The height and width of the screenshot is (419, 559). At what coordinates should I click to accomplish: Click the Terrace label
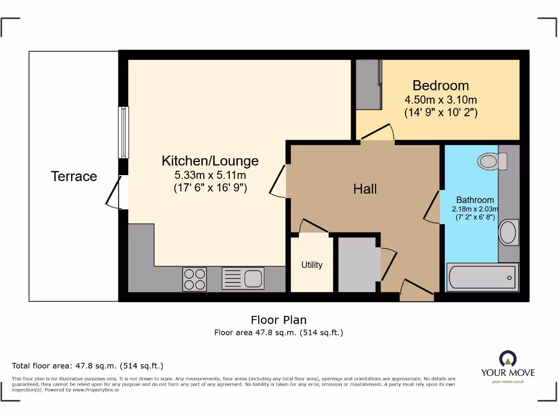click(x=74, y=176)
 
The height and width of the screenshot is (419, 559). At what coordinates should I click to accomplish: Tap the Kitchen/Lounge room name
click(x=210, y=161)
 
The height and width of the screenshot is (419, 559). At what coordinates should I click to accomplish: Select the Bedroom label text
click(x=441, y=86)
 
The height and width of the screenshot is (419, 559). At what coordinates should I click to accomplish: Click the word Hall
click(x=365, y=189)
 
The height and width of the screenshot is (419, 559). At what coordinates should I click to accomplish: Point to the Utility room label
click(x=312, y=265)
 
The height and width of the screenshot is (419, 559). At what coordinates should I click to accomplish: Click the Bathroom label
click(x=475, y=200)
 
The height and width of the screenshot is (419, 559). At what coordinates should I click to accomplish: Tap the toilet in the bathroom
click(x=492, y=161)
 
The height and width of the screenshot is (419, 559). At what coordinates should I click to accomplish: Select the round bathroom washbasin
click(x=508, y=232)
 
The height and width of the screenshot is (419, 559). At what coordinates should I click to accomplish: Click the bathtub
click(x=482, y=277)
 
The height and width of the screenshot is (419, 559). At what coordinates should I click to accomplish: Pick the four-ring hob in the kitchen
click(x=195, y=279)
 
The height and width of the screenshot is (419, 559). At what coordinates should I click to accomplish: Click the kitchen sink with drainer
click(x=243, y=279)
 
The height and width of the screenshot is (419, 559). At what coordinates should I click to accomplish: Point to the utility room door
click(x=313, y=226)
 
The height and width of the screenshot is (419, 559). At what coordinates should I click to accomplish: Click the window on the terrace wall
click(x=124, y=132)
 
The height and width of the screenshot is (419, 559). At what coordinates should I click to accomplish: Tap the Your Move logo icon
click(x=508, y=359)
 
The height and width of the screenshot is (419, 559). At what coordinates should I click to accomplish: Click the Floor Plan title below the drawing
click(x=278, y=320)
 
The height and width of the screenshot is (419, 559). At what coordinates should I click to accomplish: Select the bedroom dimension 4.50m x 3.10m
click(x=441, y=100)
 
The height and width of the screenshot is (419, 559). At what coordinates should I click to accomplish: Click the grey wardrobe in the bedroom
click(x=368, y=85)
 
